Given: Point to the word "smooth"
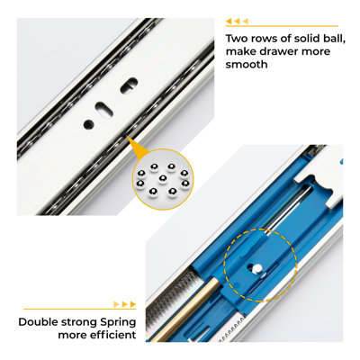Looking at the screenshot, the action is click(247, 64).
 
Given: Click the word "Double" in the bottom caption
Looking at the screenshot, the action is click(38, 322).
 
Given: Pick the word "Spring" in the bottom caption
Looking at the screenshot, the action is click(118, 323).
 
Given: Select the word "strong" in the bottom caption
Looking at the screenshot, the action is click(79, 323).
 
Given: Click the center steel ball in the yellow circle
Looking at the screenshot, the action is click(163, 179).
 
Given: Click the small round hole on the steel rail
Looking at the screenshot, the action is click(88, 124).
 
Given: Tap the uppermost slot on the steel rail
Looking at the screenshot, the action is click(129, 85).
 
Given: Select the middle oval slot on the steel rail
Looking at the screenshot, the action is click(103, 109).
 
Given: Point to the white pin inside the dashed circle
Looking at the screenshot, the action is click(257, 268).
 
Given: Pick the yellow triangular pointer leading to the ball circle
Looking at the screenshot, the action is click(137, 148).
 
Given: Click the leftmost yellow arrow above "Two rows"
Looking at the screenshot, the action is click(229, 22).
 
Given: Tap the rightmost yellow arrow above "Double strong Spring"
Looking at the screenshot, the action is click(132, 304).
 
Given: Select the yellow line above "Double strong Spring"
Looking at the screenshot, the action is click(80, 309).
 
